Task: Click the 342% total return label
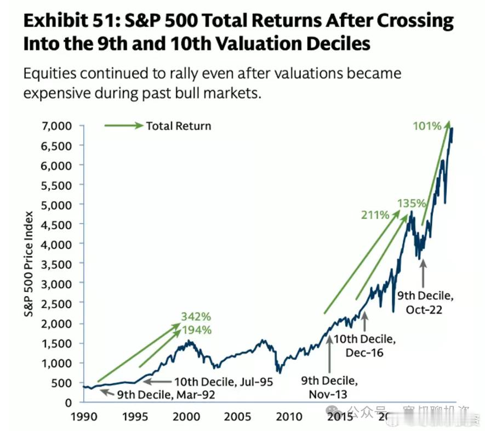click(196, 317)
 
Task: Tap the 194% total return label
click(196, 330)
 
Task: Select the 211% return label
click(375, 215)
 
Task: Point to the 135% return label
click(412, 203)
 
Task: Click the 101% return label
click(427, 126)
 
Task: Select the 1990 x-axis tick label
click(82, 417)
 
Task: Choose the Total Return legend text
click(178, 126)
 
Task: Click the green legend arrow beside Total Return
click(123, 126)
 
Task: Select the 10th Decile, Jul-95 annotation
click(224, 382)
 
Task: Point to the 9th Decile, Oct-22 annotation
click(425, 302)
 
